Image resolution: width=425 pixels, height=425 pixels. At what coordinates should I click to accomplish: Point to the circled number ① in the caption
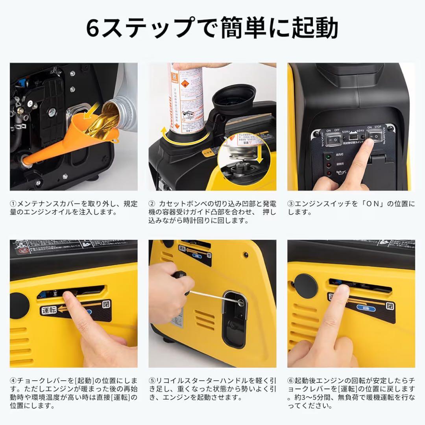click(13, 204)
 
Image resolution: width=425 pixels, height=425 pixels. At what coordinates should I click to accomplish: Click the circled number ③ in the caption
click(291, 204)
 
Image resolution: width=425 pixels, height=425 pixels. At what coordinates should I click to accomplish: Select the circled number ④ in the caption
click(13, 381)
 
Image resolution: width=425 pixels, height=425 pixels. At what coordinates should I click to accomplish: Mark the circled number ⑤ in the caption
click(152, 381)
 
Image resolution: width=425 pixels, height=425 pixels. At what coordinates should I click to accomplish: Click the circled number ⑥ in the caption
click(291, 381)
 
